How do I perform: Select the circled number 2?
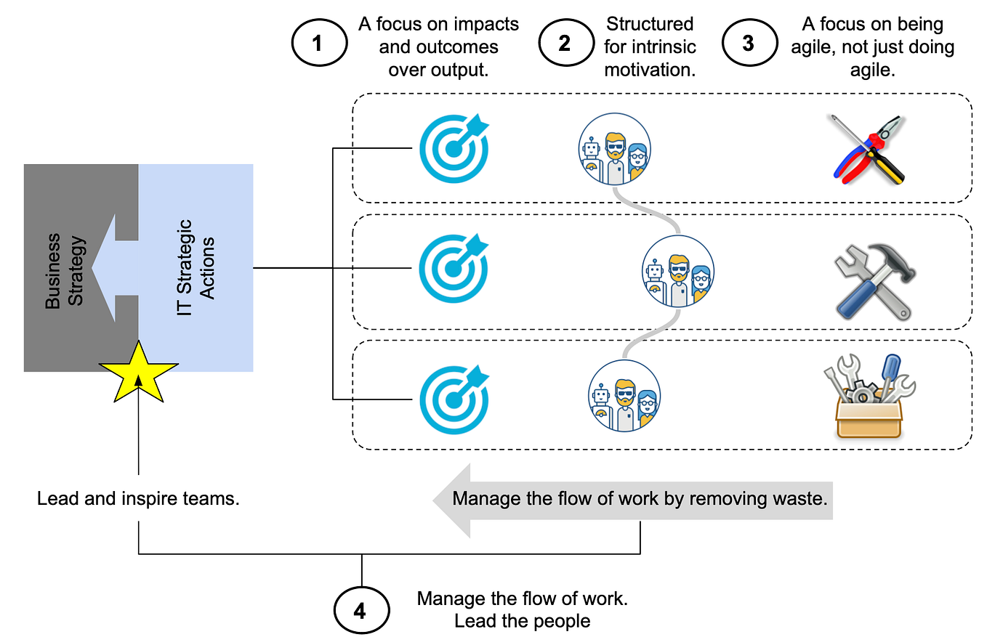(564, 44)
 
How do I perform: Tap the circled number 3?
(748, 44)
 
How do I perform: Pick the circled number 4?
(360, 611)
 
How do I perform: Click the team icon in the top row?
(615, 149)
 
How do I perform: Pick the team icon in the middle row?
(679, 270)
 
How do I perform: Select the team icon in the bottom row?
(624, 396)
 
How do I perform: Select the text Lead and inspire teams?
(138, 500)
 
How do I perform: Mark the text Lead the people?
(522, 622)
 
